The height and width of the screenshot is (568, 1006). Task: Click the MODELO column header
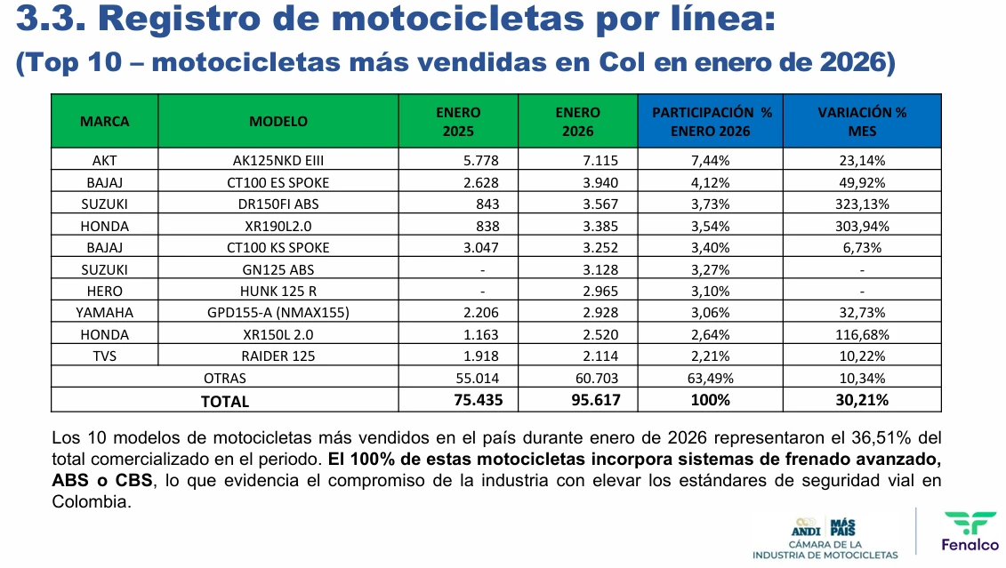click(x=278, y=121)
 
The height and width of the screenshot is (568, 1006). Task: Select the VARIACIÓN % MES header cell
click(x=862, y=121)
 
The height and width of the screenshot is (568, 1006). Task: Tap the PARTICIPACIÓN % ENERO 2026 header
click(x=711, y=121)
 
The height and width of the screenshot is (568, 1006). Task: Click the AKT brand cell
click(x=104, y=161)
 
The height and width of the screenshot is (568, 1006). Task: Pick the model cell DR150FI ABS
click(x=278, y=204)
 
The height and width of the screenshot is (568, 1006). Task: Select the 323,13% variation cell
click(x=862, y=204)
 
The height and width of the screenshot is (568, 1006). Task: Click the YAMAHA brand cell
click(x=104, y=313)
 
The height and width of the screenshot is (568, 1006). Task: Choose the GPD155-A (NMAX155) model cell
click(x=278, y=313)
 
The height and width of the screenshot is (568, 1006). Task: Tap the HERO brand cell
click(x=104, y=291)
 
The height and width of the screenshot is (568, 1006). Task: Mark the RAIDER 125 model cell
click(x=278, y=356)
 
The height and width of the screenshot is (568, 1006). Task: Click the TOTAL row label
click(x=225, y=401)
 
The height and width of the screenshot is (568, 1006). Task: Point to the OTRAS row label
click(x=225, y=378)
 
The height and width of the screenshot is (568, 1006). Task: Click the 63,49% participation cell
click(x=711, y=378)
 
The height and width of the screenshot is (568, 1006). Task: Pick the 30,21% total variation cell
click(x=862, y=400)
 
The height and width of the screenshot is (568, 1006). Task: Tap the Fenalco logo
click(x=970, y=532)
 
